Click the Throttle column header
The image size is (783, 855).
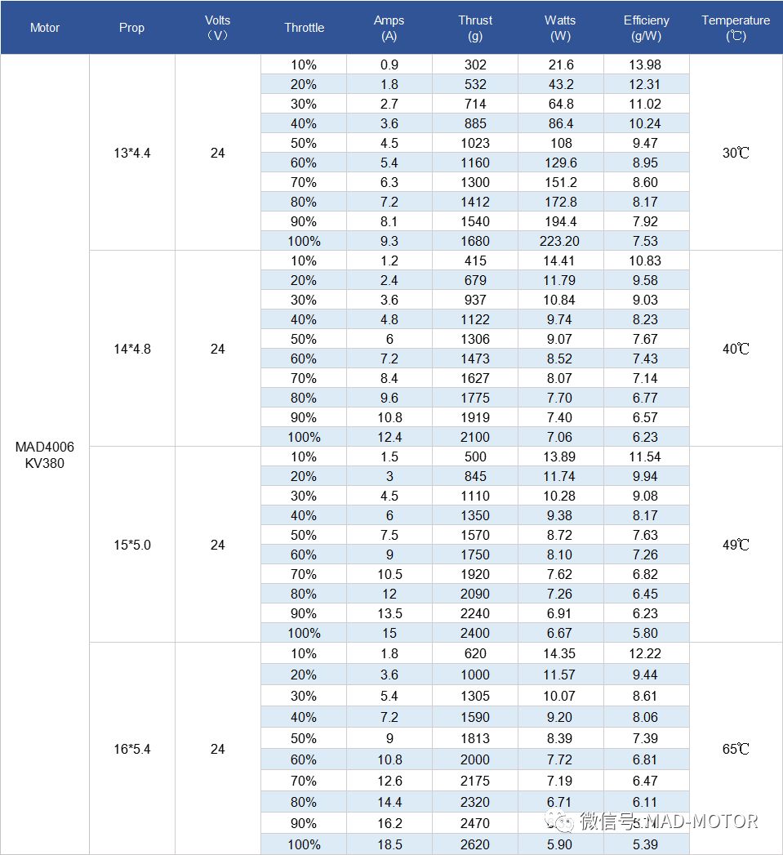304,28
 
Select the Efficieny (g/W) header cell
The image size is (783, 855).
646,28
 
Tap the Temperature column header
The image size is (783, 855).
735,28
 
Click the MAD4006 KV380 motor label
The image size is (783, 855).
44,455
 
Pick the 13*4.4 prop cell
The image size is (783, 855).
131,153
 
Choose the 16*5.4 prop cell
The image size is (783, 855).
131,749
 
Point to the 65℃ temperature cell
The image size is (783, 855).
735,749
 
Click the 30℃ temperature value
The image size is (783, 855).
735,153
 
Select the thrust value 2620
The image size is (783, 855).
474,844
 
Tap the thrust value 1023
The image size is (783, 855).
474,143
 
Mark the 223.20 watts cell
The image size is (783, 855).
560,241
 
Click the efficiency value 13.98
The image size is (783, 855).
646,65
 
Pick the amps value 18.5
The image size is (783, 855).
389,844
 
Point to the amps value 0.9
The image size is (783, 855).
389,65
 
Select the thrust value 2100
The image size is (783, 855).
474,437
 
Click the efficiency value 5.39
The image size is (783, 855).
646,844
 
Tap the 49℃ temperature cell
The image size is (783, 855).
735,545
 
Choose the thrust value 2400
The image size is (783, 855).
474,633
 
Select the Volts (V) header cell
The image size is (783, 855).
217,28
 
